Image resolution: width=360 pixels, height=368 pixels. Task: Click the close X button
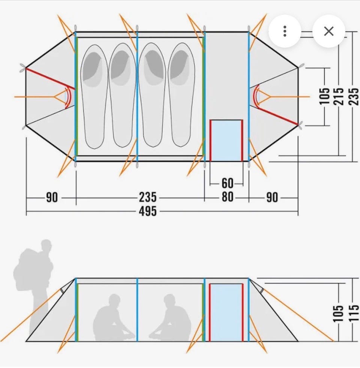coord(328,31)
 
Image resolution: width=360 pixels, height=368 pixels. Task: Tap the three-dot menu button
coord(285,31)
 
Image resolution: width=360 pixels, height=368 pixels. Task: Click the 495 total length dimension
coord(148,211)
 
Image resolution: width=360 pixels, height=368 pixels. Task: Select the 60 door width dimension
coord(227,183)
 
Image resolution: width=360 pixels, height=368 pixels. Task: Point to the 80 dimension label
coord(228,197)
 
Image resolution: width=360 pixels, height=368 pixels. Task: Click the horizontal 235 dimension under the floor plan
coord(148,198)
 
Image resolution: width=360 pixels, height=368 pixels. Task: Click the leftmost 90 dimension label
coord(52,198)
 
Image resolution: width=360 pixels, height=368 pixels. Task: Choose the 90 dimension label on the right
coord(272,198)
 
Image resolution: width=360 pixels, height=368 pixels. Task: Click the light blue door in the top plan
coord(226,140)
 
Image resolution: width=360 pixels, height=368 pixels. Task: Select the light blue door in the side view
coord(226,312)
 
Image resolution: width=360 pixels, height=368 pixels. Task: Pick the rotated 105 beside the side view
coord(338,314)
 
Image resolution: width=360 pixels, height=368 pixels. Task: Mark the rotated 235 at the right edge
coord(354,96)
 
